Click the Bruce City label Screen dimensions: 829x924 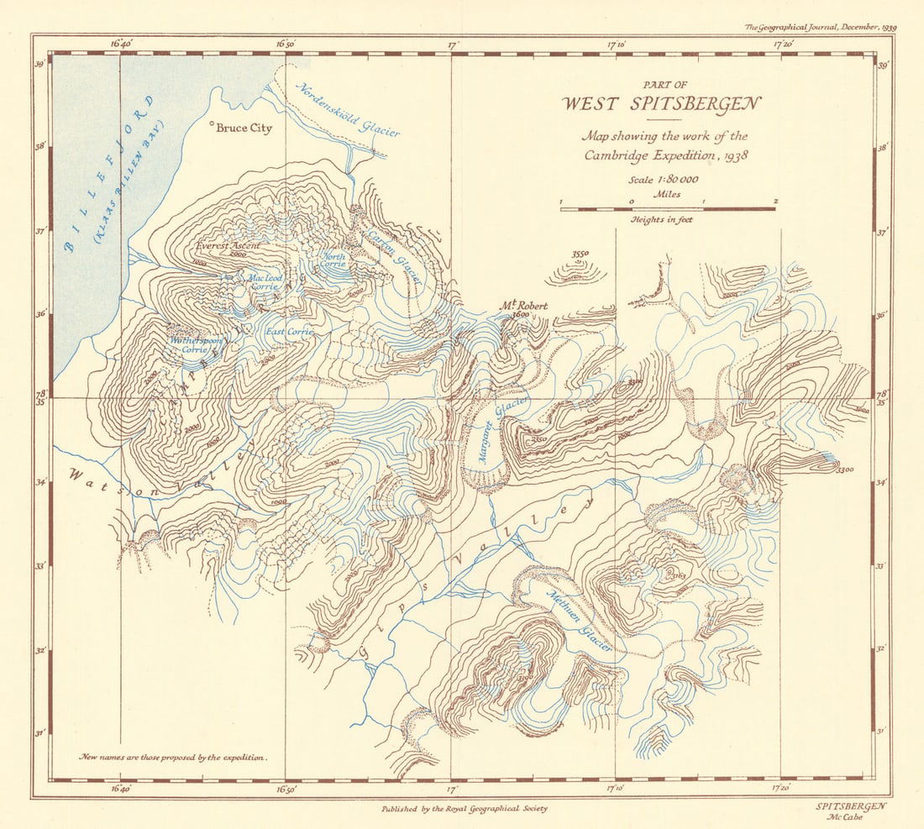244,129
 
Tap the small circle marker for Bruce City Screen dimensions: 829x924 210,127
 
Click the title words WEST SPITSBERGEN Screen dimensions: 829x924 661,105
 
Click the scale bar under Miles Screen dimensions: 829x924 668,208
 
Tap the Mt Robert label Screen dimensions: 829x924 524,306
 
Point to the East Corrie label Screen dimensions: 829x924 289,333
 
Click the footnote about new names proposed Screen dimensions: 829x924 174,757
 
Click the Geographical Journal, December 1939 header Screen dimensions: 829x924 821,27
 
